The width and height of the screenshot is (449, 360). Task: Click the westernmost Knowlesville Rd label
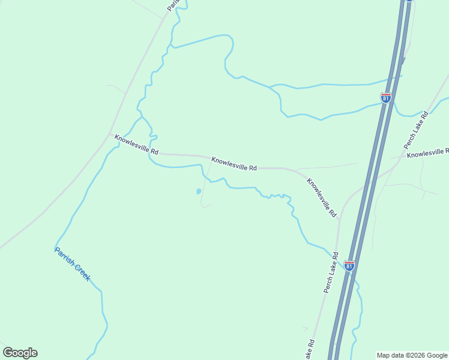coord(137,145)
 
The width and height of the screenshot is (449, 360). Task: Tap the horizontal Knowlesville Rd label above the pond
coord(234,164)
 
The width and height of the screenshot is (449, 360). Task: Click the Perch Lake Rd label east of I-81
coord(416,130)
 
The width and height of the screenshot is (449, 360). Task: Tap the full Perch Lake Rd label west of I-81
coord(331,273)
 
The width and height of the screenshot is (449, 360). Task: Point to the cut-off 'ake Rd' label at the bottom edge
coord(309,350)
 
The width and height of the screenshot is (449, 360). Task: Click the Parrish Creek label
coord(73,264)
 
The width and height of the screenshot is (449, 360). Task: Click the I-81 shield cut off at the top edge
coord(409,1)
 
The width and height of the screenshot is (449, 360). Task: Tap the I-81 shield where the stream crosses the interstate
coord(386,97)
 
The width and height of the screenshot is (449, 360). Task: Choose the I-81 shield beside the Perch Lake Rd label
coord(349,265)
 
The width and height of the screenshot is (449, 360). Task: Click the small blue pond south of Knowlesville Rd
coord(198,192)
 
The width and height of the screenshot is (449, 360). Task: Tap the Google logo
coord(20,352)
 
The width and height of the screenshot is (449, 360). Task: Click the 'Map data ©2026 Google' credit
coord(412,355)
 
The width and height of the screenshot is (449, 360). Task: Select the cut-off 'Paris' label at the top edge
coord(173,5)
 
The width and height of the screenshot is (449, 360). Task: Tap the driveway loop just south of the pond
coord(205,205)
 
